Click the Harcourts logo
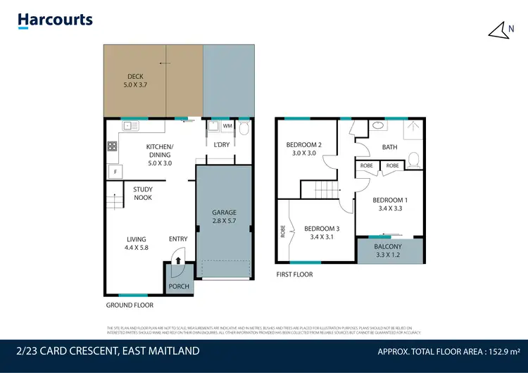tap(56, 21)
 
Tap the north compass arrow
tap(498, 29)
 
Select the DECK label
tap(135, 77)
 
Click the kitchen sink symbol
tap(131, 127)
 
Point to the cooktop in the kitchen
tap(111, 147)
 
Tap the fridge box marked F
tap(113, 171)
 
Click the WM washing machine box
tap(227, 127)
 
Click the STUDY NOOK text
tap(143, 194)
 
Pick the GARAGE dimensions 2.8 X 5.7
tap(225, 221)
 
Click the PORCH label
tap(179, 286)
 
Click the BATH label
tap(389, 147)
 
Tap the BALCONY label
tap(388, 247)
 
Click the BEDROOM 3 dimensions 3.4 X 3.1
tap(322, 238)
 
